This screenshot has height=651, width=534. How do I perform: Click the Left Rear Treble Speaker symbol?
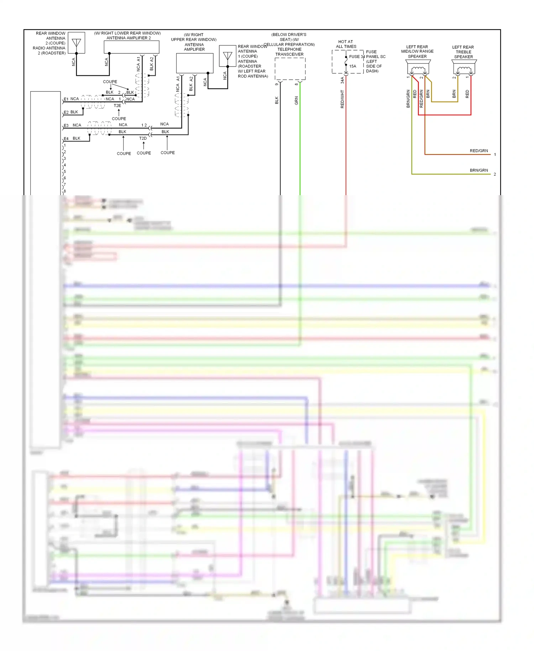[464, 68]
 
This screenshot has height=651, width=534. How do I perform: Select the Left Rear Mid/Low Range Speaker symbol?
[418, 67]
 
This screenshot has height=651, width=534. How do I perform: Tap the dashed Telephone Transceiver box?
[290, 69]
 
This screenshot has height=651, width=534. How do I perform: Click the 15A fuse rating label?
[352, 66]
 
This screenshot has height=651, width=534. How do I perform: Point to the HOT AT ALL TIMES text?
[346, 44]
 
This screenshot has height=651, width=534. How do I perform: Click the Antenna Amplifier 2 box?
[131, 47]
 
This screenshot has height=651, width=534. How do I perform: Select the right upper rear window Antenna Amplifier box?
[195, 63]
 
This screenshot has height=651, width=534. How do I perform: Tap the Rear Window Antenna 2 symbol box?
[76, 43]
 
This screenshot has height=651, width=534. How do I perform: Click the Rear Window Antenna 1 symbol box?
[227, 56]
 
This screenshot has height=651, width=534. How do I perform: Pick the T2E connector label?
[117, 106]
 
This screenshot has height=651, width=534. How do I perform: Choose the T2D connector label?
[143, 138]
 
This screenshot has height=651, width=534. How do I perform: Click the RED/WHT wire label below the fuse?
[342, 99]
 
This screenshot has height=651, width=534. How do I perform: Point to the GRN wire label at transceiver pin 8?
[296, 100]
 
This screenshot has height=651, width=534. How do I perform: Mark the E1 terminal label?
[66, 99]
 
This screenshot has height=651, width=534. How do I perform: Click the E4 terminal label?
[66, 139]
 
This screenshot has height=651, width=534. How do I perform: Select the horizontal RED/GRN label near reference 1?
[478, 151]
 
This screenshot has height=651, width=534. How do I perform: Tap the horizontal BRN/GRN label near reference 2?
[478, 170]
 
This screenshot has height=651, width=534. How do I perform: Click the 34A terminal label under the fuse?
[342, 80]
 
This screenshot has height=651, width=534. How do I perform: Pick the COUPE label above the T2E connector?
[110, 82]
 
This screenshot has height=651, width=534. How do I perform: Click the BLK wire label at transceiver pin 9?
[277, 100]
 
